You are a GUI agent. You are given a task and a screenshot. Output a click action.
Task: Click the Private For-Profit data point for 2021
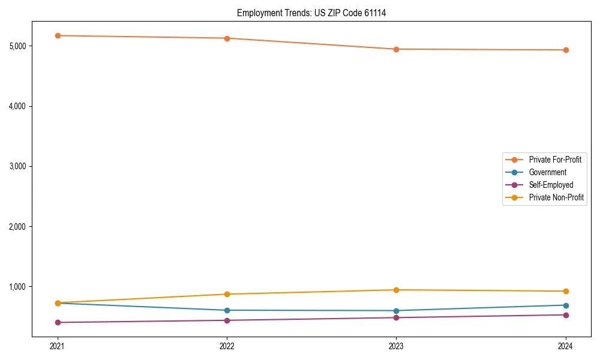point(58,35)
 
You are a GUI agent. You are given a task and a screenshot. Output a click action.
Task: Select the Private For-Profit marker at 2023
point(396,49)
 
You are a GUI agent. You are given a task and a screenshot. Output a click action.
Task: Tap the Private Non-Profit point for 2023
point(396,290)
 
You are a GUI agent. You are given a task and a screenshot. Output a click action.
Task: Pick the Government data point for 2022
point(227,310)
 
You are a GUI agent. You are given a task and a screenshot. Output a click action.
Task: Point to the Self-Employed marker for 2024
point(566,315)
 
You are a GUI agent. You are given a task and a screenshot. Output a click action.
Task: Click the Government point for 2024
point(566,305)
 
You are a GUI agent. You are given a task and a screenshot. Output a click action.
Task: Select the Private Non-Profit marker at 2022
point(227,294)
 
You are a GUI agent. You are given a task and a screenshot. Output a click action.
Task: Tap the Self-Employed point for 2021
point(58,322)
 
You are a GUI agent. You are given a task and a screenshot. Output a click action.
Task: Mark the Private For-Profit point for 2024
point(566,50)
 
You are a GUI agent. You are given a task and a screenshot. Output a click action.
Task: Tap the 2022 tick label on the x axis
point(227,346)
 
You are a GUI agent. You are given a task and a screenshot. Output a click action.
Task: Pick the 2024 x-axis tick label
point(566,346)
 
